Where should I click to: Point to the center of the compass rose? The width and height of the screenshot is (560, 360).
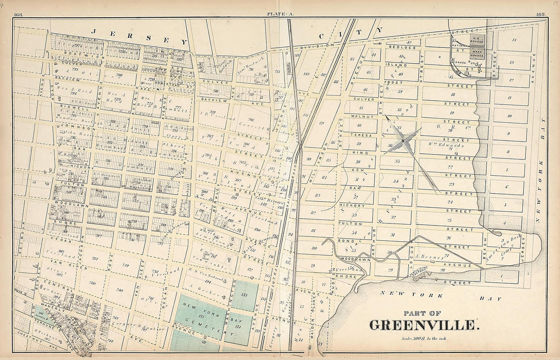[x=402, y=140]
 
